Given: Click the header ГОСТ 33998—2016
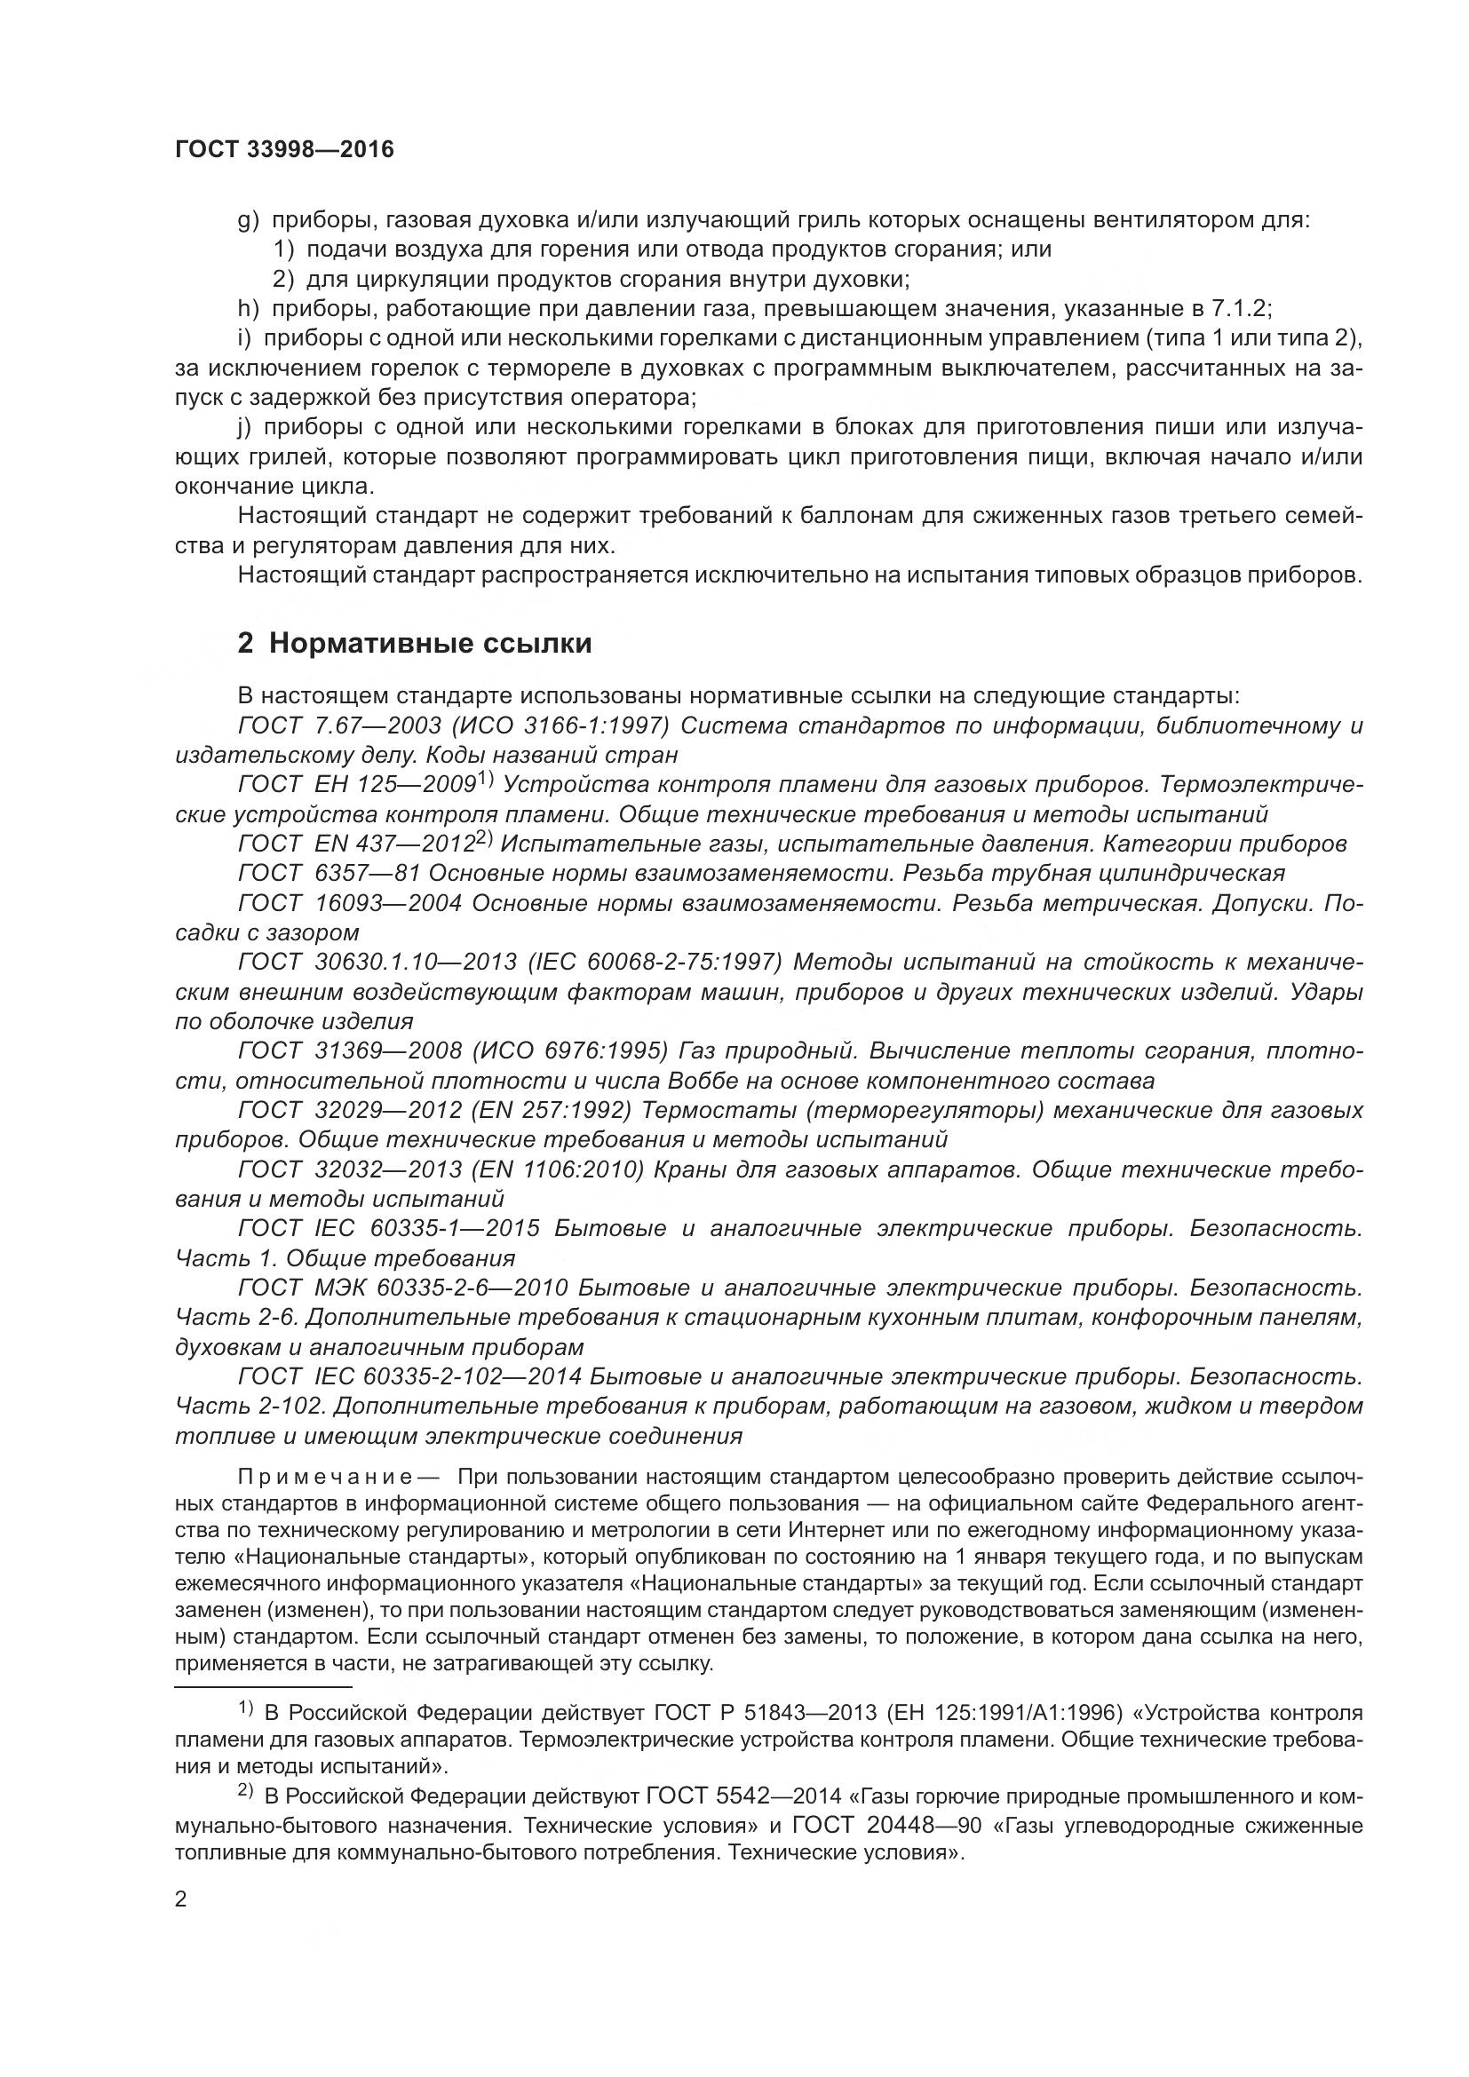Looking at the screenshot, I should click(284, 150).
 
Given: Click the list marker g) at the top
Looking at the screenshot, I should click(249, 220).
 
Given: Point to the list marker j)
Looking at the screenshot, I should click(244, 427).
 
